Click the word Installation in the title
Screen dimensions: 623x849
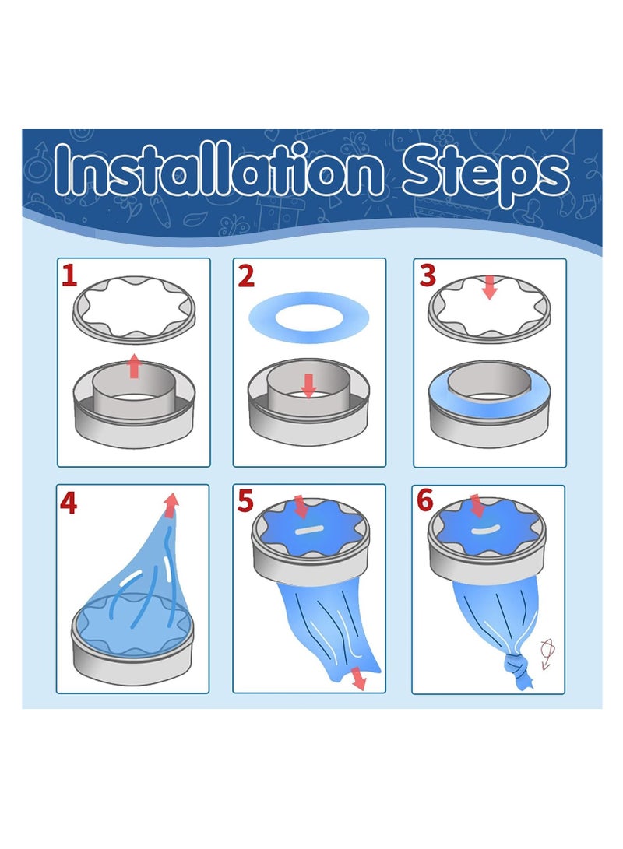click(x=219, y=170)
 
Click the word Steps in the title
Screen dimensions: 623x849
click(x=485, y=174)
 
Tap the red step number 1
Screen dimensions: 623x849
click(x=69, y=275)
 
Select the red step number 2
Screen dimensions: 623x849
click(x=246, y=276)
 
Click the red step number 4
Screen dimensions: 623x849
click(x=69, y=503)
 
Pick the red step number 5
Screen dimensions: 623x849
click(x=245, y=501)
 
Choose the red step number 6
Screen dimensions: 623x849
click(x=424, y=501)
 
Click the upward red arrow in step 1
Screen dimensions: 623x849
click(x=134, y=366)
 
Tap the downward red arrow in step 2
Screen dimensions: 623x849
click(x=309, y=385)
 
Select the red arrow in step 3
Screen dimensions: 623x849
click(x=490, y=287)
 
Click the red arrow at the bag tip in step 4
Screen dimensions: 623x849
click(x=171, y=504)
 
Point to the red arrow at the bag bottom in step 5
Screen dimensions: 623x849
click(x=357, y=679)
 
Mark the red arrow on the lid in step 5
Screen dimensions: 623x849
click(x=300, y=505)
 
